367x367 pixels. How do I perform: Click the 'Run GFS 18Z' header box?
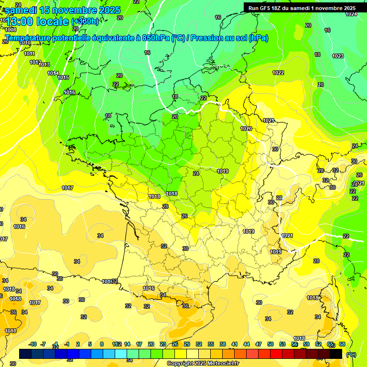[302, 8]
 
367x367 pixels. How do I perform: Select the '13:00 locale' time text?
[37, 22]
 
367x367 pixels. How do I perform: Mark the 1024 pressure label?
[351, 14]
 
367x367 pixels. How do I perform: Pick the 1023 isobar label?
[337, 56]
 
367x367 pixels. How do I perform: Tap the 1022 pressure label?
[278, 73]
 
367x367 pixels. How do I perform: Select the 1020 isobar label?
[246, 129]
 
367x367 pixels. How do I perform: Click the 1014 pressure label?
[53, 73]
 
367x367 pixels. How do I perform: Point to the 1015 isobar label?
[63, 77]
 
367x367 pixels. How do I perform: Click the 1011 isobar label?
[29, 54]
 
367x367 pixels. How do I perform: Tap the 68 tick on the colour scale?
[342, 344]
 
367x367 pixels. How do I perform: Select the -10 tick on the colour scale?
[33, 344]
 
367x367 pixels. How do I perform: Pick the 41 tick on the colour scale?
[235, 344]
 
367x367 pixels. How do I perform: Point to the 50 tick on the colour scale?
[270, 344]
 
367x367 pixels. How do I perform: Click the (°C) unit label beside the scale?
[351, 355]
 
